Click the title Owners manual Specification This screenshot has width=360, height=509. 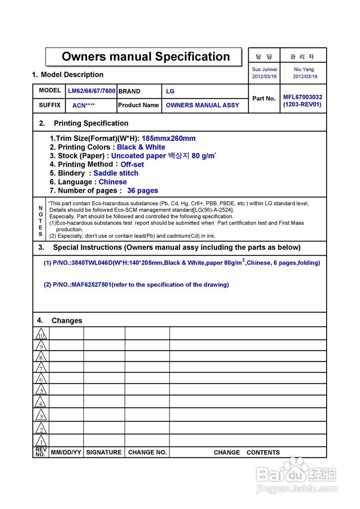pyautogui.click(x=146, y=56)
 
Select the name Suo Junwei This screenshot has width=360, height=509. pyautogui.click(x=265, y=69)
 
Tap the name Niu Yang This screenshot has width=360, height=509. pyautogui.click(x=304, y=69)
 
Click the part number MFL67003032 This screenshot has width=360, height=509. pyautogui.click(x=303, y=97)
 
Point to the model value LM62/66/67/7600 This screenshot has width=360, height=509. pyautogui.click(x=91, y=91)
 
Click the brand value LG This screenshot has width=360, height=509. pyautogui.click(x=170, y=91)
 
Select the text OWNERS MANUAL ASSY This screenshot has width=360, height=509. pyautogui.click(x=202, y=105)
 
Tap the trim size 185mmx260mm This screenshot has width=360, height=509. pyautogui.click(x=169, y=138)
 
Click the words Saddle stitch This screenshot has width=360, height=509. pyautogui.click(x=116, y=173)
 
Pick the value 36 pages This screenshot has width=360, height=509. pyautogui.click(x=142, y=190)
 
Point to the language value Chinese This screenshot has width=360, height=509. pyautogui.click(x=113, y=182)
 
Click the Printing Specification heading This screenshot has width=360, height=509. pyautogui.click(x=91, y=123)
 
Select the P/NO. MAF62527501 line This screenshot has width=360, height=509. pyautogui.click(x=136, y=285)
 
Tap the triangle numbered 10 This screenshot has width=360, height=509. pyautogui.click(x=41, y=334)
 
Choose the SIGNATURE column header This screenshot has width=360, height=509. pyautogui.click(x=104, y=453)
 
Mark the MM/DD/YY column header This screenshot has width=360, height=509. pyautogui.click(x=66, y=453)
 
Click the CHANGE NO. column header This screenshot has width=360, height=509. pyautogui.click(x=147, y=453)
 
